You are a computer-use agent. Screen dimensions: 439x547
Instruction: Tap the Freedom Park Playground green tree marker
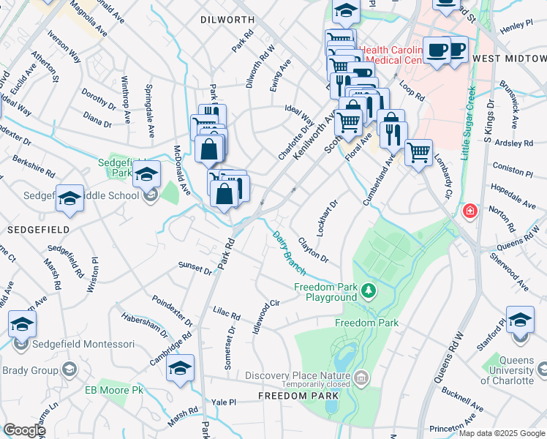coord(369,292)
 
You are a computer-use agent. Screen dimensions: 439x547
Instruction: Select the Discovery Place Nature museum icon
coord(361,378)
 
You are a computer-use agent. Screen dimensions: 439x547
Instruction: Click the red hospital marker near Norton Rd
coord(469,211)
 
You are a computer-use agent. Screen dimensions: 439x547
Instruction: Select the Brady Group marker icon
coord(69,369)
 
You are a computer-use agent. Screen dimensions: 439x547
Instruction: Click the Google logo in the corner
coord(24,430)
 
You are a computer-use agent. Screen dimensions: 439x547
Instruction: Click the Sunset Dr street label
coord(196,267)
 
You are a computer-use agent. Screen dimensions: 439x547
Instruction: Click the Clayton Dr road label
coord(313,253)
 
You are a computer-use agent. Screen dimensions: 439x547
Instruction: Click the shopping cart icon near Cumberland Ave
coord(418,154)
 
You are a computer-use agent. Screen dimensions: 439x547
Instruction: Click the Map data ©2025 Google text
coord(501,433)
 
